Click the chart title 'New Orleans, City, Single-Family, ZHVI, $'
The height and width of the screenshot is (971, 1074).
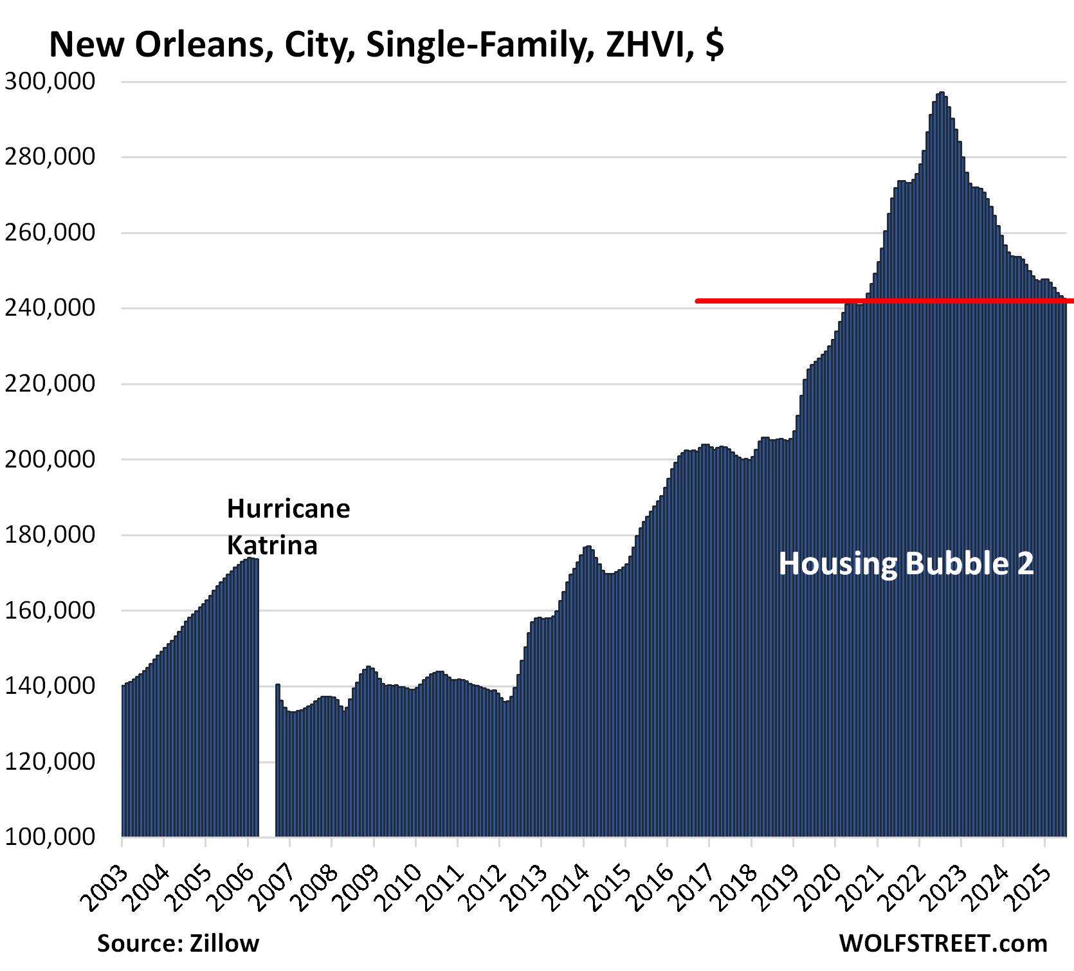[x=386, y=45]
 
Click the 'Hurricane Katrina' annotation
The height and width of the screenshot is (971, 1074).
[x=288, y=527]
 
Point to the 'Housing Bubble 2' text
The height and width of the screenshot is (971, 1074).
[x=906, y=564]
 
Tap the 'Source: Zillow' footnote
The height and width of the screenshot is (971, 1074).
[x=178, y=943]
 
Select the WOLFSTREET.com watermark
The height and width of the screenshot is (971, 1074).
[x=943, y=943]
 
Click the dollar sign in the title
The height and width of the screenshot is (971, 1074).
[x=714, y=45]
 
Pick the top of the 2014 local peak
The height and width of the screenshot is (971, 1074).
[x=587, y=548]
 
